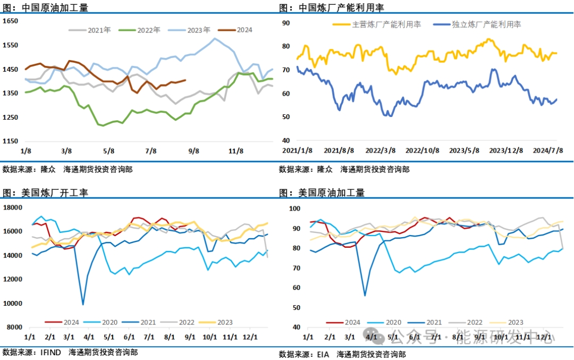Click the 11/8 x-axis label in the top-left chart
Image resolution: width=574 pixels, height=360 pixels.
click(x=235, y=150)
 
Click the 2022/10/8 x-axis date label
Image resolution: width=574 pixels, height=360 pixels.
click(x=423, y=150)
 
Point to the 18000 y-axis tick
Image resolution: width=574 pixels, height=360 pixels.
click(x=12, y=207)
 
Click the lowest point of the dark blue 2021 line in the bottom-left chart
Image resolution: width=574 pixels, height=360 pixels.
click(x=83, y=305)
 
